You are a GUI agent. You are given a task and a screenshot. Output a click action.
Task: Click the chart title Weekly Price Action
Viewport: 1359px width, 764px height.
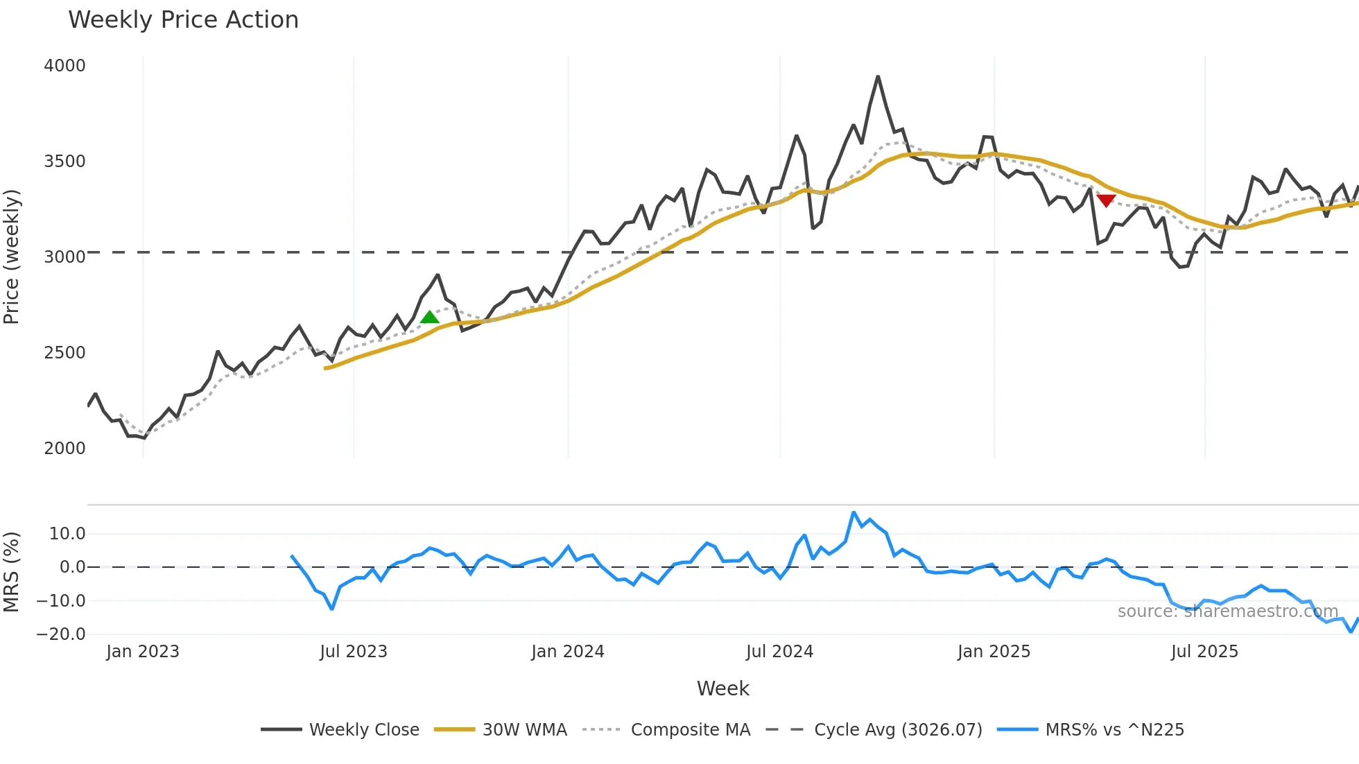[x=183, y=20]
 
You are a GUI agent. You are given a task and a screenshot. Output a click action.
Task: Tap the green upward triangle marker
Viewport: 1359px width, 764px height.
[x=430, y=318]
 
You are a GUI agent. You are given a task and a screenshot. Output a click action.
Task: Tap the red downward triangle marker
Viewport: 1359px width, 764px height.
[x=1106, y=200]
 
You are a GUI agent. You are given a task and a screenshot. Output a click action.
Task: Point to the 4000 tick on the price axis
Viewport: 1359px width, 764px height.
[x=64, y=66]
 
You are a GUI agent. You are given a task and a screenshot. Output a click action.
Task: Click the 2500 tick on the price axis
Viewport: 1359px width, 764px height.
[x=64, y=353]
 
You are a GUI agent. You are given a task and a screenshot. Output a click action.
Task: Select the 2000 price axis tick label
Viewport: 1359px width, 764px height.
[x=64, y=449]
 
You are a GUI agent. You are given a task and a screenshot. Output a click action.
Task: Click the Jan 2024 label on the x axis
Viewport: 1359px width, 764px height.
[x=567, y=652]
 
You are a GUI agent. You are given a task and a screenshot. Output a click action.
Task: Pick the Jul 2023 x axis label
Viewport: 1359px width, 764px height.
[x=353, y=652]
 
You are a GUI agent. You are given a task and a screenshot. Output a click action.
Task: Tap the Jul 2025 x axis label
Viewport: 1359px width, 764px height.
[x=1204, y=652]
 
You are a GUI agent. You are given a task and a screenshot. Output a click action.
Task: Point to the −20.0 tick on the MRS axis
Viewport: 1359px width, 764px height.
[x=61, y=634]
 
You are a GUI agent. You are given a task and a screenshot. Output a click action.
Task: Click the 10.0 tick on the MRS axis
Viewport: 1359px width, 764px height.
[x=67, y=534]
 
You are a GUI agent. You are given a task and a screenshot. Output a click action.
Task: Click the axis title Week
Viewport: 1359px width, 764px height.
[x=722, y=688]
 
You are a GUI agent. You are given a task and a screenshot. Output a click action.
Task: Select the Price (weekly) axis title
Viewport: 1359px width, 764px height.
[x=12, y=257]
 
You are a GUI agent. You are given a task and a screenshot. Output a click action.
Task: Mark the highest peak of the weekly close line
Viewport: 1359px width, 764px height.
[x=878, y=77]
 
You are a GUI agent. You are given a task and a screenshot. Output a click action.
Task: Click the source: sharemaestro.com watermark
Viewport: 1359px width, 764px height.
[x=1227, y=611]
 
